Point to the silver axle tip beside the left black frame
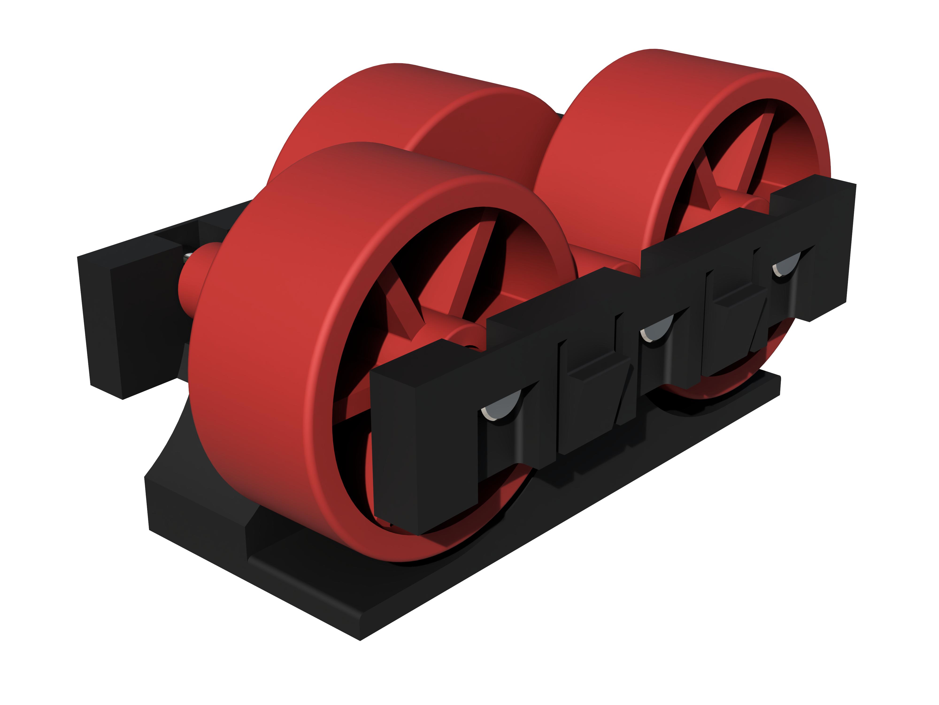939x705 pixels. click(187, 257)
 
